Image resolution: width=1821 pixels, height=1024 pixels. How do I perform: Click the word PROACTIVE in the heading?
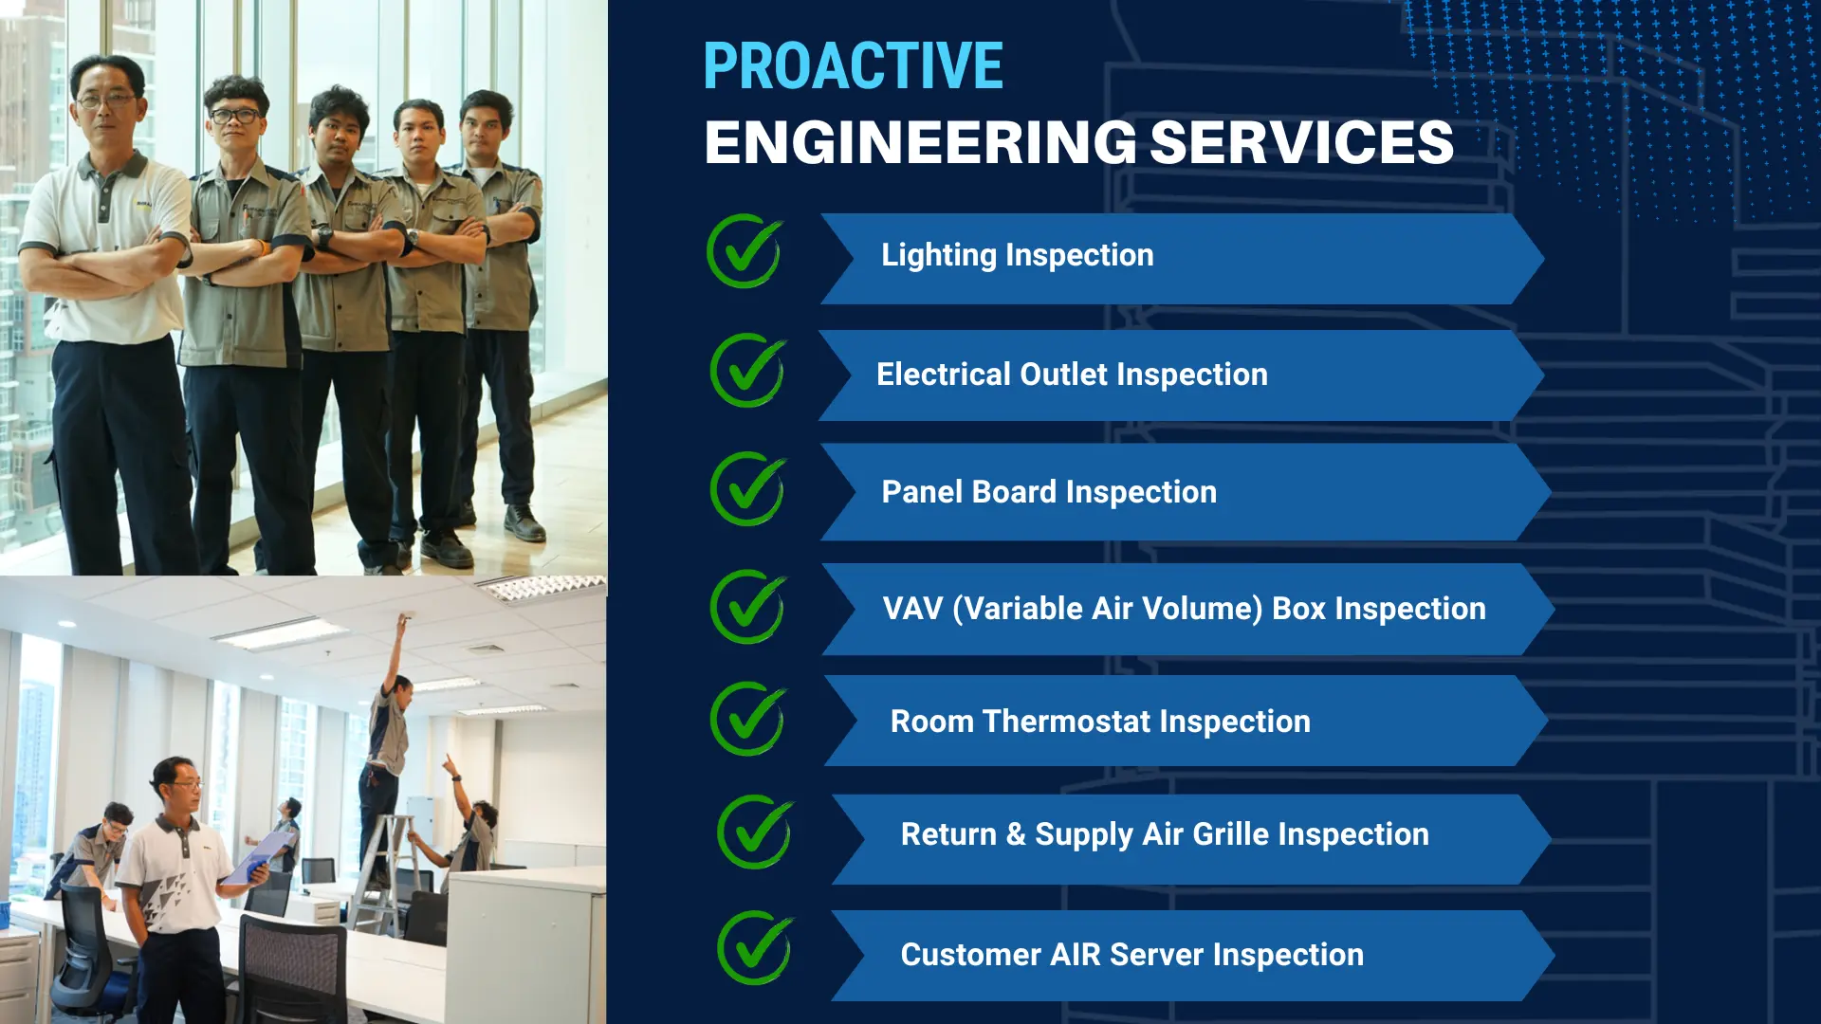pos(853,65)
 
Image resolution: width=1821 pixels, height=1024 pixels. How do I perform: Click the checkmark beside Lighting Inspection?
pos(745,251)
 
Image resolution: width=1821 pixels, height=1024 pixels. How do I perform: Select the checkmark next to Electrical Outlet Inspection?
pos(748,371)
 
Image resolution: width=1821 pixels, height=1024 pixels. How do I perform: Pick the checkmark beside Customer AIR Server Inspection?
pos(756,947)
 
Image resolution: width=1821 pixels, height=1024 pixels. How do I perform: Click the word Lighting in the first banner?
pos(938,255)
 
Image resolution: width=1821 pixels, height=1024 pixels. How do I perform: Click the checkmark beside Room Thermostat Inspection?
pos(748,719)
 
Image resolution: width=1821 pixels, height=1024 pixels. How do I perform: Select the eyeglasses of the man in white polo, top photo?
pos(106,99)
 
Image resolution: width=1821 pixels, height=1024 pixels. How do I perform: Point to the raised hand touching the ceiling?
pos(404,620)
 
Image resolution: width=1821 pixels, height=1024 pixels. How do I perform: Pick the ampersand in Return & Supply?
pos(1016,834)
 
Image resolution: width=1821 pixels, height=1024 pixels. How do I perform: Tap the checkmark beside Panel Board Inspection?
pos(748,489)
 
